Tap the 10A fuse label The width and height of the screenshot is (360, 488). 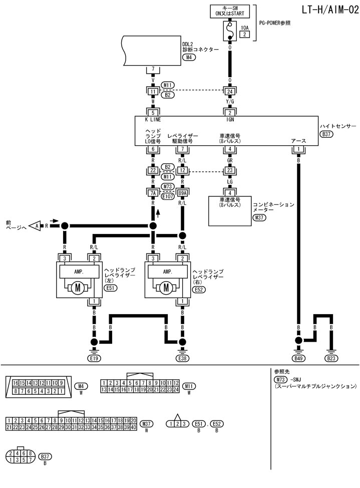point(244,28)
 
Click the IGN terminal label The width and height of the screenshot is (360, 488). point(230,120)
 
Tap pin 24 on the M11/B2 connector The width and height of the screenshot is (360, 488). point(230,91)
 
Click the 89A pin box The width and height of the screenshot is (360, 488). point(182,192)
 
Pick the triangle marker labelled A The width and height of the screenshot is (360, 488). point(36,226)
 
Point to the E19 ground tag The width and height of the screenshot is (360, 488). point(94,358)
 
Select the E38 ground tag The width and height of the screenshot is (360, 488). point(183,358)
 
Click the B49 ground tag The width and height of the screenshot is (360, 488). point(298,358)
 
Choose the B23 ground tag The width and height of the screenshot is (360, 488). point(331,358)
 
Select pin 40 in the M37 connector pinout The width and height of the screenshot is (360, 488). point(134,427)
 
